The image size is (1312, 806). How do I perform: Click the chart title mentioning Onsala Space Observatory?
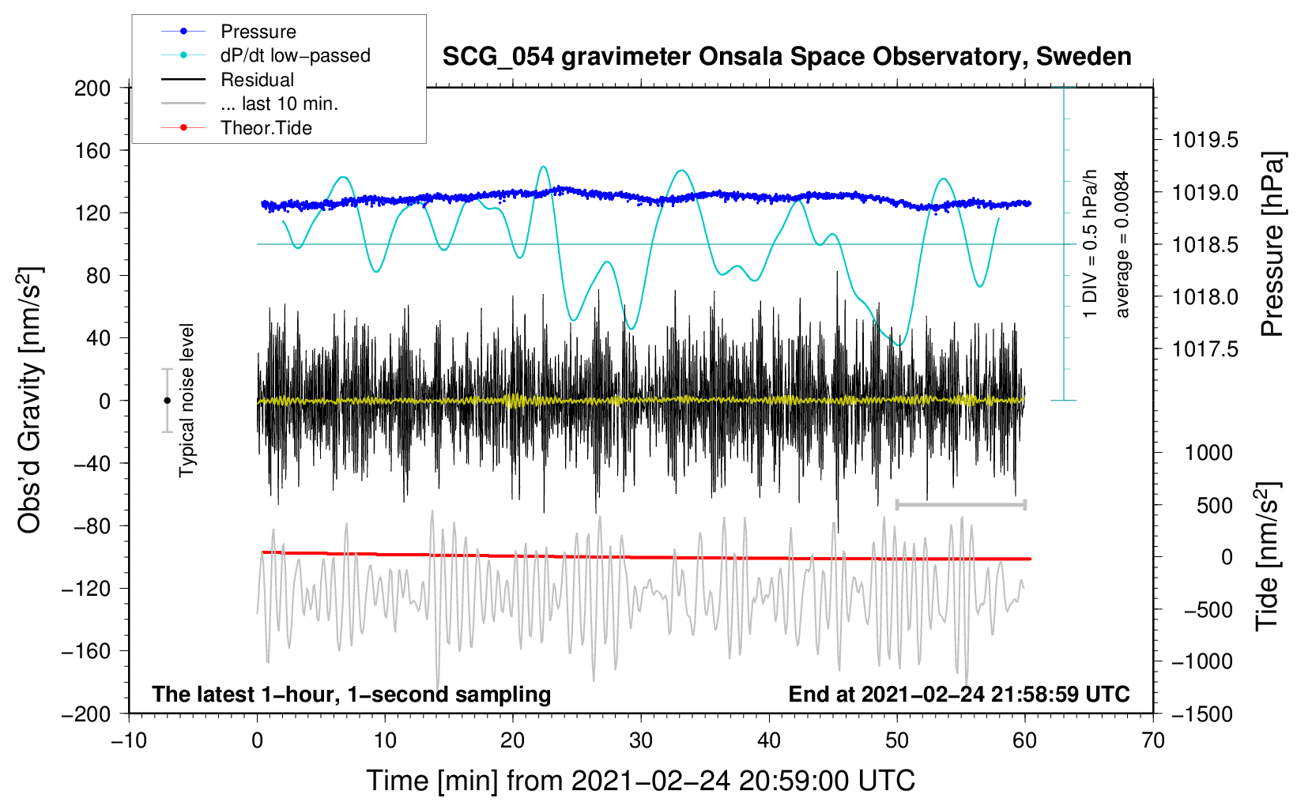(786, 57)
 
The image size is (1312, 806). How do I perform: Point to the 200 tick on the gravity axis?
(92, 89)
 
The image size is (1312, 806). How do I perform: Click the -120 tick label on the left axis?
(86, 589)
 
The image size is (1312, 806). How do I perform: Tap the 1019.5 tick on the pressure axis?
(1205, 140)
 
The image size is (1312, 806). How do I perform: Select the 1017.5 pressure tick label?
(1205, 349)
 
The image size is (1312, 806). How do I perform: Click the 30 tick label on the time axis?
(641, 741)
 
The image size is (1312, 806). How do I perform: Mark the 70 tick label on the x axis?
(1152, 741)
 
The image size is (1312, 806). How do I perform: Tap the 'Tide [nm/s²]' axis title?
(1268, 556)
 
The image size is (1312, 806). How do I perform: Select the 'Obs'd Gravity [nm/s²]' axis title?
(29, 400)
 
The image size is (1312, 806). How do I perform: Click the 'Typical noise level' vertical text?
(187, 400)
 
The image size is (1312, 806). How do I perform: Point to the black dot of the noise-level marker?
(167, 401)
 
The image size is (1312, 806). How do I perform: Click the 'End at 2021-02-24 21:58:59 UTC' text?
(959, 694)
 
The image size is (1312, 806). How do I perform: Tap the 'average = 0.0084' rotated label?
(1122, 244)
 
